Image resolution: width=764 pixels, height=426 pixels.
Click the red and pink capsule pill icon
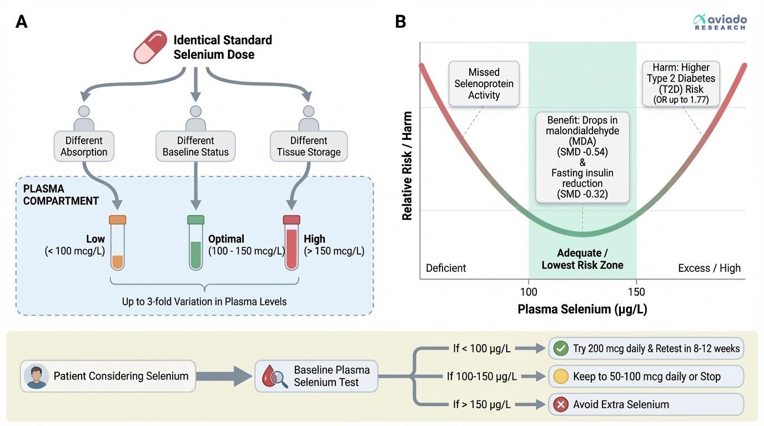click(150, 47)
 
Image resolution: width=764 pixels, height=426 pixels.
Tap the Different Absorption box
click(84, 146)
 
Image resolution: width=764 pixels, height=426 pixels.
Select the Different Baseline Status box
click(196, 146)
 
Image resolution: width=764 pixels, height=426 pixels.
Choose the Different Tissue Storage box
click(308, 146)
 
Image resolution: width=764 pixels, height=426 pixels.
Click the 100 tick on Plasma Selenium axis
click(529, 292)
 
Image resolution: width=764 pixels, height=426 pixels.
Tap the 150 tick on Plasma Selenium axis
click(636, 292)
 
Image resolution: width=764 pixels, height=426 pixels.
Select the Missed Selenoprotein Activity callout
click(484, 84)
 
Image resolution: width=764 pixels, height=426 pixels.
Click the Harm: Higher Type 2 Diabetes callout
click(681, 84)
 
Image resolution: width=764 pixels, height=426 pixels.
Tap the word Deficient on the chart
click(446, 268)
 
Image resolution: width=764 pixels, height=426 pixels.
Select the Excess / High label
click(709, 268)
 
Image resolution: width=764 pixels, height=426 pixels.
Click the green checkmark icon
click(561, 348)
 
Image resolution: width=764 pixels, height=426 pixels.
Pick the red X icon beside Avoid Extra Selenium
click(561, 404)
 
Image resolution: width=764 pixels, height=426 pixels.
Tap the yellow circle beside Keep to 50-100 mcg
click(561, 377)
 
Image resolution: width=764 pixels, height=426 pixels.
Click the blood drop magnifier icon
click(275, 376)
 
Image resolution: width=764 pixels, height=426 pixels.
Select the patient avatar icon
click(37, 376)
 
